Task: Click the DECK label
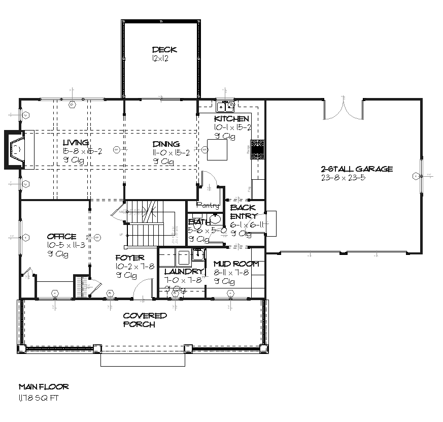pos(164,50)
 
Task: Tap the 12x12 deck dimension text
pos(159,59)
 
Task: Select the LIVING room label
pos(76,143)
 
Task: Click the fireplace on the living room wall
pos(16,149)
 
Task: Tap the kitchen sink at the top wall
pos(224,106)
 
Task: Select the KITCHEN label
pos(231,119)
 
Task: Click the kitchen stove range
pos(257,149)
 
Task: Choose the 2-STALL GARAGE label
pos(356,169)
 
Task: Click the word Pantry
pos(209,206)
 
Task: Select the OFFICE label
pos(61,237)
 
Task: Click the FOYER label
pos(130,258)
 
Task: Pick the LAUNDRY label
pos(184,272)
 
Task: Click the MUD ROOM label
pos(236,264)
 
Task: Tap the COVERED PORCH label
pos(145,320)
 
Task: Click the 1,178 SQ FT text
pos(39,398)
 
